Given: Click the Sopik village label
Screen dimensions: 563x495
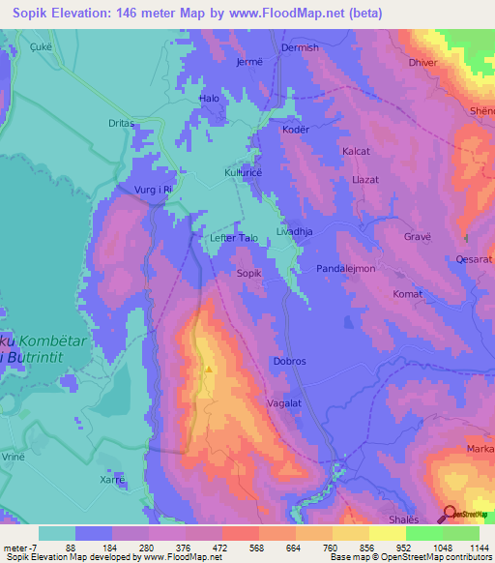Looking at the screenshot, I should [x=249, y=274].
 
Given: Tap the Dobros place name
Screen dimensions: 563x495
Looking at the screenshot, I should [x=289, y=361].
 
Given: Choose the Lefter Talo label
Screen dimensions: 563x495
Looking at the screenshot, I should [x=234, y=237].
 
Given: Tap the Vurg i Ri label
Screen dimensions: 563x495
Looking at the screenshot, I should [x=153, y=191].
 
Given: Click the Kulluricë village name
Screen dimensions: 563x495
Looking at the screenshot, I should [x=244, y=170].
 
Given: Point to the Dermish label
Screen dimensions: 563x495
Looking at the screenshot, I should [x=299, y=47].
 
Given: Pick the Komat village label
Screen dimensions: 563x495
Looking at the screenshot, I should [x=408, y=293].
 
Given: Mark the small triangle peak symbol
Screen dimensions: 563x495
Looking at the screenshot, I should [x=208, y=369].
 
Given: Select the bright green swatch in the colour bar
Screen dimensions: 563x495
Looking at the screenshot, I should [x=423, y=533].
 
